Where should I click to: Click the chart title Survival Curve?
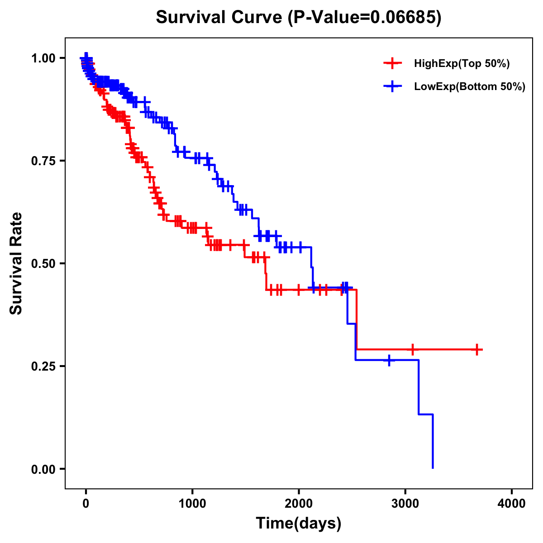pos(220,17)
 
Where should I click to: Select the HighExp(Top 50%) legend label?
pos(462,64)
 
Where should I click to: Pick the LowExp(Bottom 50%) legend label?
pos(470,87)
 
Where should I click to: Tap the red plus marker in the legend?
pos(392,64)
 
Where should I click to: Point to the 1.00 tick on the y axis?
pos(43,58)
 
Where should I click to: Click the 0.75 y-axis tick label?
pos(43,161)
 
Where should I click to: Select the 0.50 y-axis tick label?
pos(43,264)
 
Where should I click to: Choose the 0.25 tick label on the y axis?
pos(43,367)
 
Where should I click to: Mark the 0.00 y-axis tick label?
pos(43,469)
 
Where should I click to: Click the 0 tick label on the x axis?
pos(86,504)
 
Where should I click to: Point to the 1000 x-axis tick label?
pos(192,504)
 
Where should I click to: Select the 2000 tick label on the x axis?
pos(299,504)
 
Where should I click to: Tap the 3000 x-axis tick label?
pos(405,504)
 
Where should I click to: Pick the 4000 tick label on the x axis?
pos(512,504)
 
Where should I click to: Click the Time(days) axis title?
pos(299,524)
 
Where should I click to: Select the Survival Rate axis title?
pos(16,263)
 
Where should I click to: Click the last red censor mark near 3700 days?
pos(477,350)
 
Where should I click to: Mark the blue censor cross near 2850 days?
pos(389,361)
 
